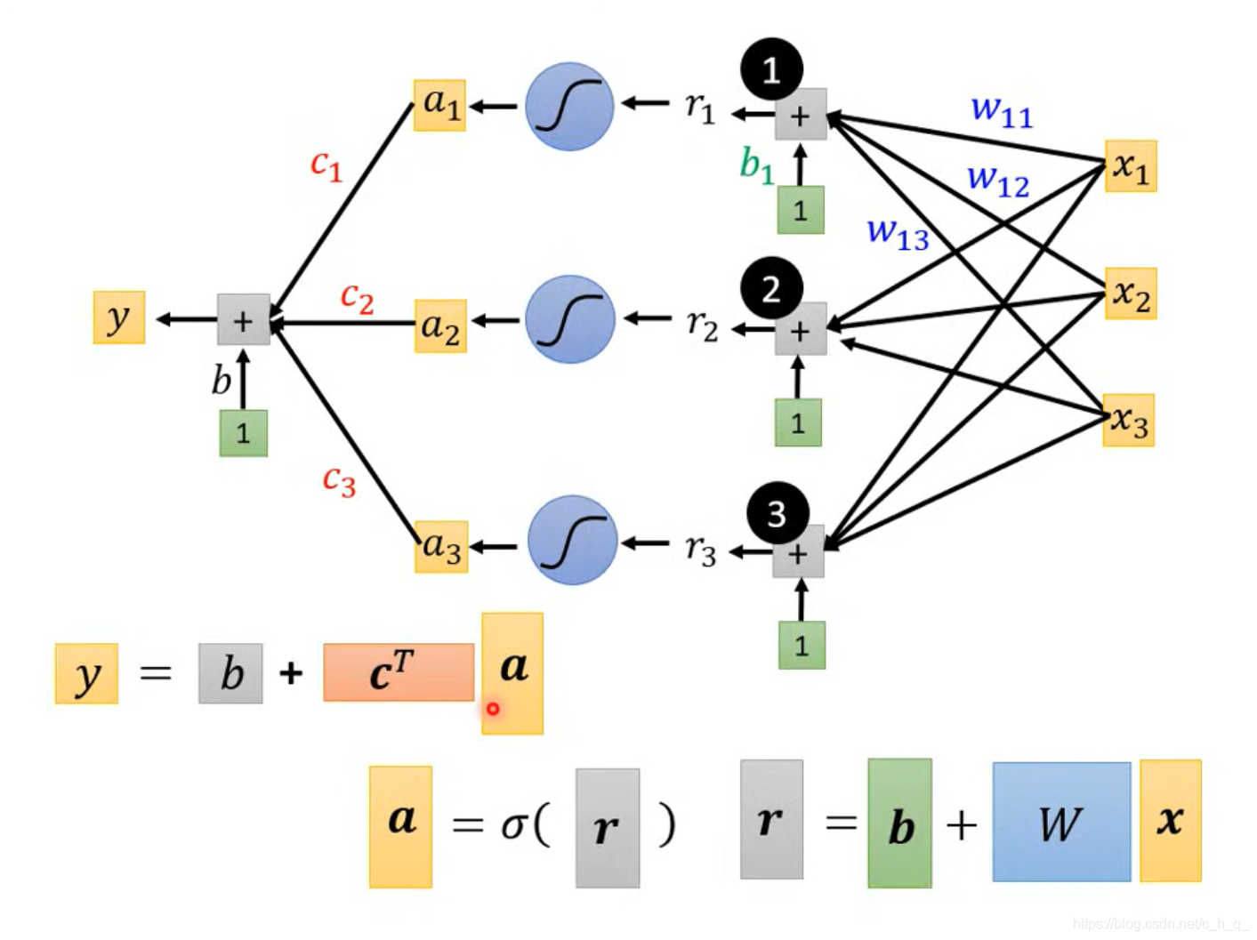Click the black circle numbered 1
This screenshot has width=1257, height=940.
tap(771, 69)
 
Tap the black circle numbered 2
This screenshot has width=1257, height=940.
tap(771, 289)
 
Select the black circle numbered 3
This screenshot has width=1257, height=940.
tap(778, 513)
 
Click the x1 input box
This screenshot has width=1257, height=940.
tap(1131, 166)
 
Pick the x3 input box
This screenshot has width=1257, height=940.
tap(1129, 420)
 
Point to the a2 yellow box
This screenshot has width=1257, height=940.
tap(440, 326)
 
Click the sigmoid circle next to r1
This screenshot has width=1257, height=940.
tap(569, 106)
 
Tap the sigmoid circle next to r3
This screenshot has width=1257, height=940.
tap(572, 540)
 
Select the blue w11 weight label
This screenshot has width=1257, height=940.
tap(1002, 111)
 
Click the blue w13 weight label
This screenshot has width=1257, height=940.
tap(898, 233)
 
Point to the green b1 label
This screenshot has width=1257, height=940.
tap(756, 165)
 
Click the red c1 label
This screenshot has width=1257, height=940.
tap(326, 165)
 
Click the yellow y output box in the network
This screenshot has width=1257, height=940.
tap(119, 317)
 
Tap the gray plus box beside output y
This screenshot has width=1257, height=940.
tap(243, 320)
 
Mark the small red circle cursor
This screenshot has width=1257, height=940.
tap(492, 709)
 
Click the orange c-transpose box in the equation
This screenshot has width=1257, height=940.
tap(398, 672)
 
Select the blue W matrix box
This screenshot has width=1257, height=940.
tap(1061, 822)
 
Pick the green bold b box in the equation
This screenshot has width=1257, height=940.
tap(900, 824)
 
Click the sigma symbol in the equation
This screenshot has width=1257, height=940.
tap(513, 825)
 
